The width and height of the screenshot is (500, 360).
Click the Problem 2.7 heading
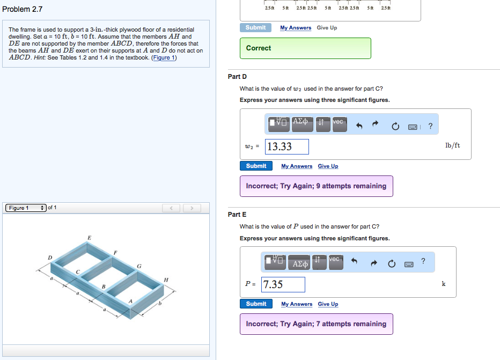click(x=22, y=10)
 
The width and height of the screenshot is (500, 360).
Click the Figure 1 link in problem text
click(x=164, y=57)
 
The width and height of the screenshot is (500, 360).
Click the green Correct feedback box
click(x=305, y=48)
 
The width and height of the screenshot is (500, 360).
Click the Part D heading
click(x=237, y=77)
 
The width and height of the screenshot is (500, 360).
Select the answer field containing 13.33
click(x=288, y=146)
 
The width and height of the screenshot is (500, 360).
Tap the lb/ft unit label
click(x=452, y=145)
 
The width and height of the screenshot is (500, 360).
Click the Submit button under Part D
click(x=256, y=166)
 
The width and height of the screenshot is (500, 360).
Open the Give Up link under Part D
click(x=328, y=166)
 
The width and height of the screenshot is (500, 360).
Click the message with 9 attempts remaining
click(x=316, y=186)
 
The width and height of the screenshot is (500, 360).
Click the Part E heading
click(x=237, y=215)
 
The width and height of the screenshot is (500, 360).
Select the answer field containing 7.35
click(x=283, y=284)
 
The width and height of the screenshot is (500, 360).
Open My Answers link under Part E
click(x=297, y=304)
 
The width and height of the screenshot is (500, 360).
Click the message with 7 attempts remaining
click(x=316, y=324)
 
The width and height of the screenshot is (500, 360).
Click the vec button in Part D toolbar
click(x=339, y=123)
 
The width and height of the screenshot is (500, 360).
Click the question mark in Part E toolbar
click(x=423, y=261)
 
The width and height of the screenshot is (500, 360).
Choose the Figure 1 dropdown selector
click(x=26, y=208)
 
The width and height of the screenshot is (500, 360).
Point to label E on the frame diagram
click(x=89, y=237)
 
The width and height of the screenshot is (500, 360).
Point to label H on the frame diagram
click(x=166, y=280)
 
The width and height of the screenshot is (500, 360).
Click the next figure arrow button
click(x=192, y=208)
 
